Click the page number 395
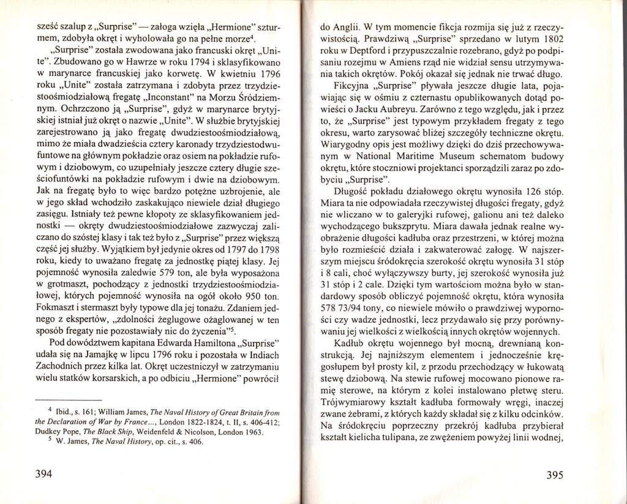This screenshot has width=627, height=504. (x=561, y=474)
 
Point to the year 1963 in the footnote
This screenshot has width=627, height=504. (x=252, y=432)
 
